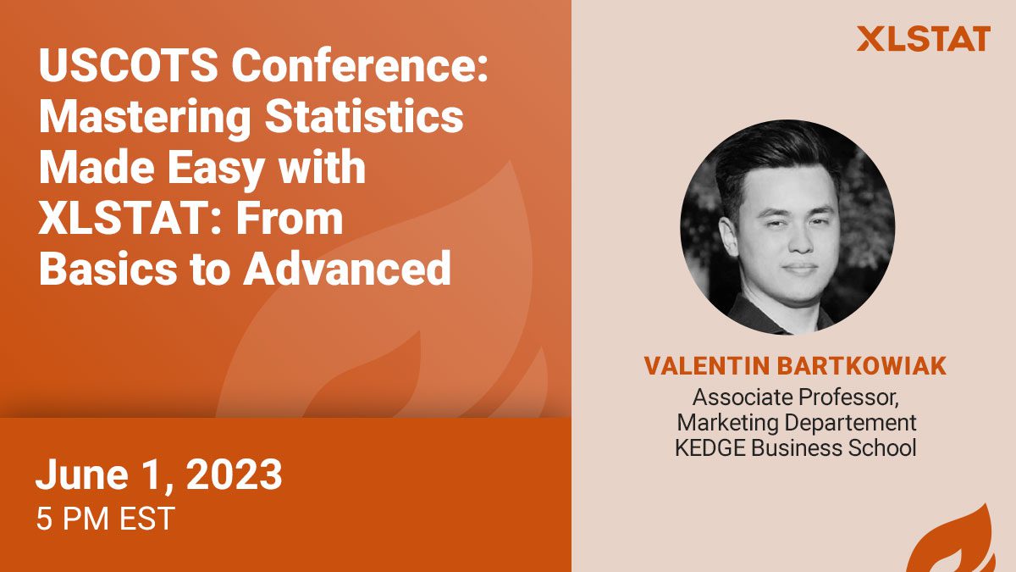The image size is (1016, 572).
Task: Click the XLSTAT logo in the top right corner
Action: tap(924, 39)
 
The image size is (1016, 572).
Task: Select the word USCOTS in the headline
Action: tap(129, 65)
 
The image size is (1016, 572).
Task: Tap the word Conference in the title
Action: tap(359, 65)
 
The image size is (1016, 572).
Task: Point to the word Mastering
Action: tap(145, 117)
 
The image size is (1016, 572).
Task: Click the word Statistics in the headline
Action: tap(364, 116)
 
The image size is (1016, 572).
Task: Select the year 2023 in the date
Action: tap(234, 474)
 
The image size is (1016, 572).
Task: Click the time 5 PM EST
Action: tap(105, 519)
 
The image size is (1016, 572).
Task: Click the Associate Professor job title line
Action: tap(796, 397)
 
